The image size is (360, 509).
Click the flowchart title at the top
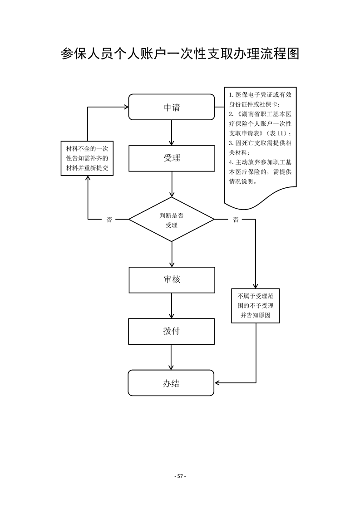[180, 54]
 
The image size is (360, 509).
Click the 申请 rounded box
[172, 107]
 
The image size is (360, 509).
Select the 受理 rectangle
[172, 158]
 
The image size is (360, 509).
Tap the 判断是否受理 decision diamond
[172, 220]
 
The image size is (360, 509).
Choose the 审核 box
[172, 279]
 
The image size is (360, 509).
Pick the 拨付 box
[172, 331]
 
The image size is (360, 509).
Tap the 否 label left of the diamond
[109, 220]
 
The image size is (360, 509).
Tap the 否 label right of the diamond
[236, 220]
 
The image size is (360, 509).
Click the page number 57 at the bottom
[180, 476]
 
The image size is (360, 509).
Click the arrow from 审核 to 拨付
[172, 306]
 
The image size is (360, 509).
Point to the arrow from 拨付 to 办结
[172, 357]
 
